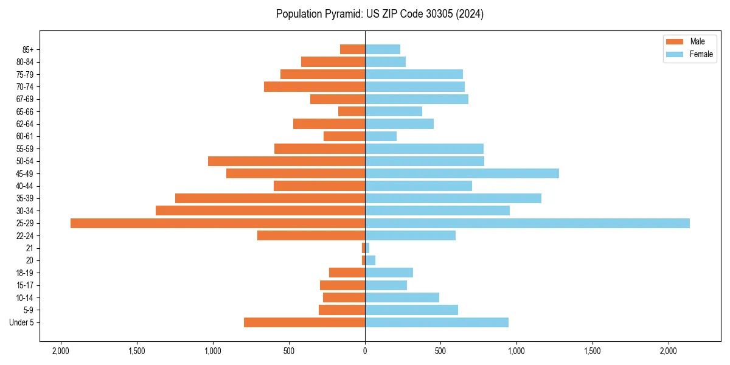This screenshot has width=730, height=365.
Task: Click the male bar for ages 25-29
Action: click(x=218, y=223)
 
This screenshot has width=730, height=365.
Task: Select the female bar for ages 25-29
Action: click(x=527, y=223)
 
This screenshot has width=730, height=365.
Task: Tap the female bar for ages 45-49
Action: click(x=462, y=173)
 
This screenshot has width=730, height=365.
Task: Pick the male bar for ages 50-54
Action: click(x=287, y=161)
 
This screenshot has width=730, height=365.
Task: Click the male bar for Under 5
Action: click(x=304, y=322)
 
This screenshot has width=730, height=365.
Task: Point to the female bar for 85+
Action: click(x=383, y=49)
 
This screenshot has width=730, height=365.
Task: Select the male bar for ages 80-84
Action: click(x=333, y=62)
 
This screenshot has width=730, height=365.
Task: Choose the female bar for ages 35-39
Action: click(x=453, y=198)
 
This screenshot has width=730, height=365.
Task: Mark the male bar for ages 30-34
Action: click(x=260, y=210)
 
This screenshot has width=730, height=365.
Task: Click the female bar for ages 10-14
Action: click(x=402, y=297)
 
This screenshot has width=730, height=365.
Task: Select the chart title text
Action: click(x=380, y=14)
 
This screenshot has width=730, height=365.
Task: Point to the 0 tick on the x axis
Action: click(x=365, y=351)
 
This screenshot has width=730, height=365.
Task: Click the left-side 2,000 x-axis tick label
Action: click(x=60, y=351)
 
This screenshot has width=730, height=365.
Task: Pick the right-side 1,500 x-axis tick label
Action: click(x=593, y=351)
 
